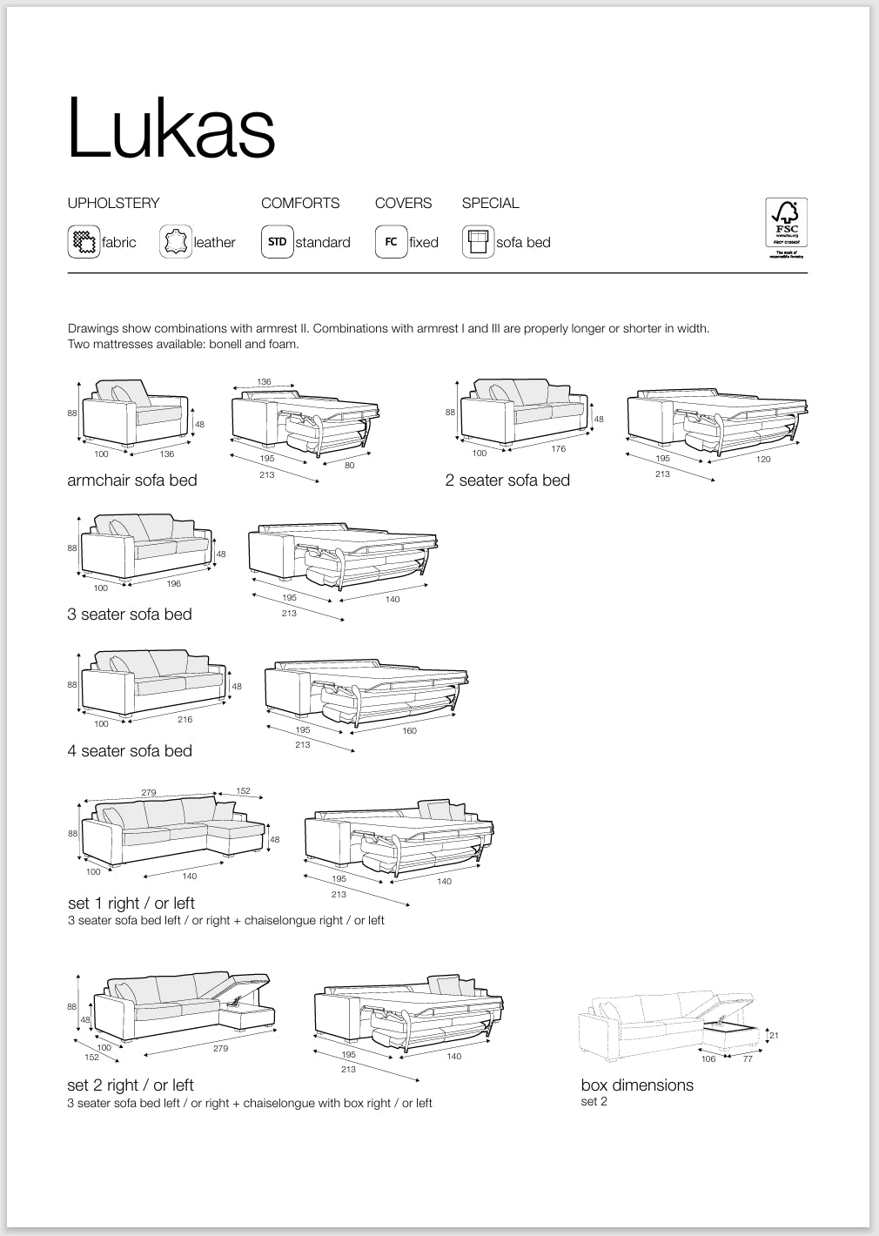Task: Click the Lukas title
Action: tap(171, 127)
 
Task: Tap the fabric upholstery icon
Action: tap(84, 242)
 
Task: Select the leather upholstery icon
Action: tap(176, 242)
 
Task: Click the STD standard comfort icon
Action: tap(277, 242)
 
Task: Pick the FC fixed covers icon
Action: tap(391, 242)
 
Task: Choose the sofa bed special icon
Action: tap(478, 242)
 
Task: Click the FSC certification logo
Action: tap(786, 228)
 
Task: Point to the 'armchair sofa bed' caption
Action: tap(132, 480)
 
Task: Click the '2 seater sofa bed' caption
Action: tap(507, 480)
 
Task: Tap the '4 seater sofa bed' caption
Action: tap(130, 751)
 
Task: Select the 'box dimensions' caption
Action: tap(637, 1085)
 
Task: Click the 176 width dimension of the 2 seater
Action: tap(559, 449)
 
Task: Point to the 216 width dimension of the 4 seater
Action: tap(185, 720)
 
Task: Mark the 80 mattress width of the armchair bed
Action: tap(349, 465)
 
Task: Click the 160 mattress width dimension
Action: tap(409, 731)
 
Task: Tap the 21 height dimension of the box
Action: tap(773, 1036)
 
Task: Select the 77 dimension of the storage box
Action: tap(748, 1059)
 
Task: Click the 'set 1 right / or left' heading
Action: tap(131, 903)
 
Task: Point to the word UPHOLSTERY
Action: tap(114, 203)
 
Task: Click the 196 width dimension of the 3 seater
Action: tap(174, 584)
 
